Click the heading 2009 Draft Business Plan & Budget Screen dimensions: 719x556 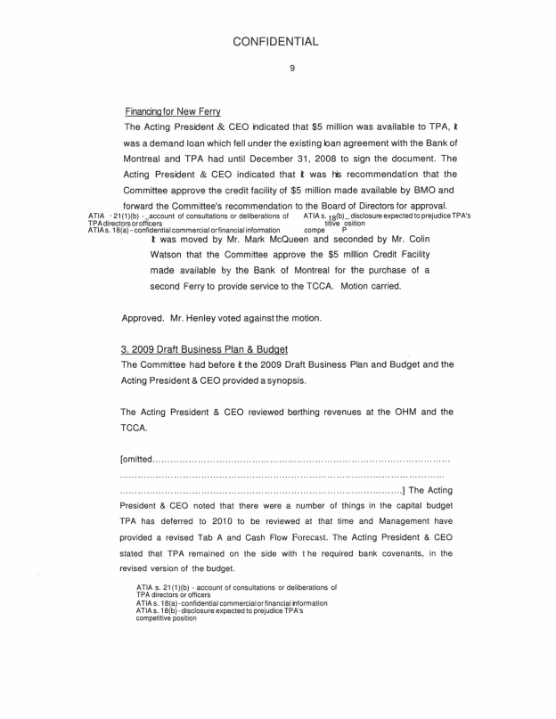pyautogui.click(x=204, y=347)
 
